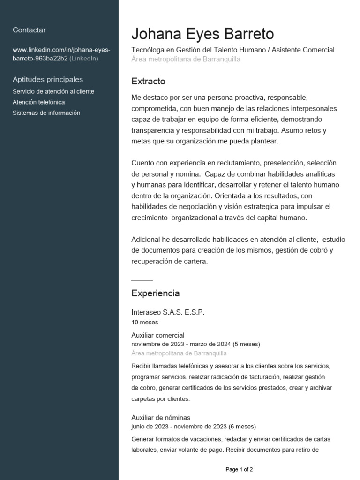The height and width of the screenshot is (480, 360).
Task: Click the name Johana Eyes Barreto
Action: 202,34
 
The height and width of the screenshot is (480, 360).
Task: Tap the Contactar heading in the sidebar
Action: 29,30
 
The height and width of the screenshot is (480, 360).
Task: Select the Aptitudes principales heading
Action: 48,79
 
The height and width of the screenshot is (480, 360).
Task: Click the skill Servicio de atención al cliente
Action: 53,91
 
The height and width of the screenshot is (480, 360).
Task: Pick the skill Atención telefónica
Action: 39,102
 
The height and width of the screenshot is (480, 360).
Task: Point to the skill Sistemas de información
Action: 46,113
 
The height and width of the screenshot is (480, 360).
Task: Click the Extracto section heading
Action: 148,82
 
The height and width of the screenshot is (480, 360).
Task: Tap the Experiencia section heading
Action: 155,293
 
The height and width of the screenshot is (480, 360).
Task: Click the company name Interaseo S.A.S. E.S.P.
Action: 168,312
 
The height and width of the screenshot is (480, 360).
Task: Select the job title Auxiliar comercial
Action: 158,335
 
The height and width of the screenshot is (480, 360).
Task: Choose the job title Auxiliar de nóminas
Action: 161,418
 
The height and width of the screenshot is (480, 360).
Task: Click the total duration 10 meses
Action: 145,322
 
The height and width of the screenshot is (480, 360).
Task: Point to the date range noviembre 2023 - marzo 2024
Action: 195,344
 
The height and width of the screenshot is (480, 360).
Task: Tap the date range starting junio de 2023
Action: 193,427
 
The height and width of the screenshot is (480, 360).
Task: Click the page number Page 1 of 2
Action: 239,469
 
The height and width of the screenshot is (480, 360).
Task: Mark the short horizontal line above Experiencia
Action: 142,280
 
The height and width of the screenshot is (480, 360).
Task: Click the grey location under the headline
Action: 186,59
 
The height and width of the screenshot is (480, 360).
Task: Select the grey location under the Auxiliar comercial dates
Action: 179,353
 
